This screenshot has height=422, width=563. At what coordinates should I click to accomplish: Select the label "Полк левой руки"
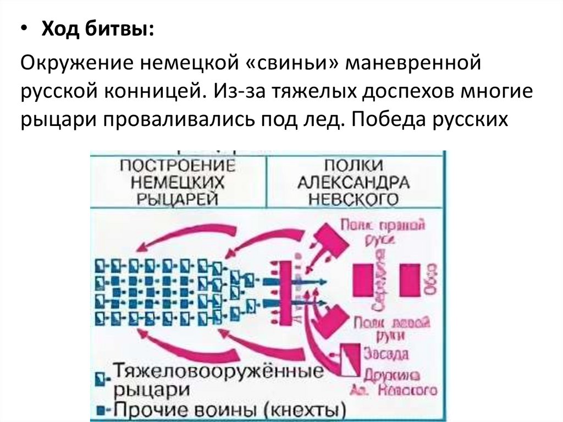click(x=385, y=328)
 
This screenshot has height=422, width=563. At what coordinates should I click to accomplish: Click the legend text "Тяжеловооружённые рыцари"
click(x=218, y=379)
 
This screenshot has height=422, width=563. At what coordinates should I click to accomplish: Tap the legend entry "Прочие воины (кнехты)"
click(x=231, y=410)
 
